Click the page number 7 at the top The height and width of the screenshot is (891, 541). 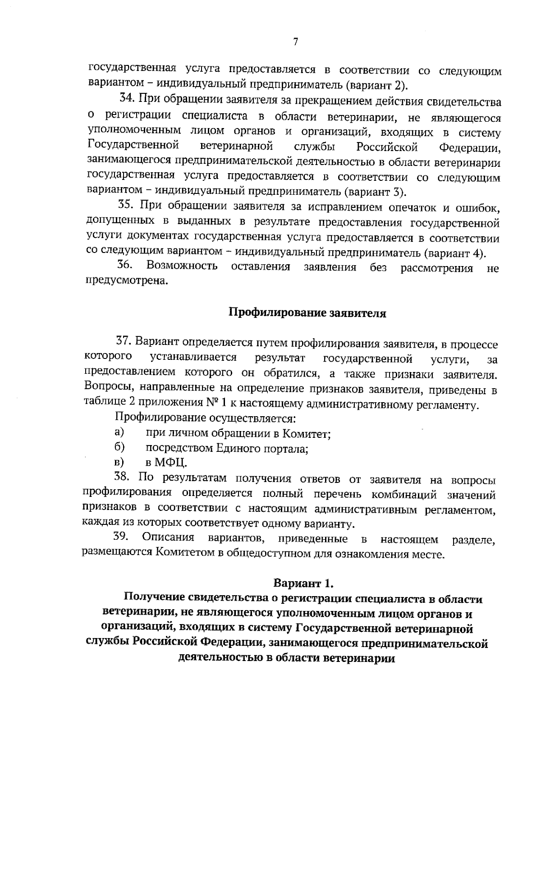click(296, 42)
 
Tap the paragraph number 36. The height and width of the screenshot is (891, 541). click(124, 266)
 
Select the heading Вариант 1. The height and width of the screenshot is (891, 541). click(303, 583)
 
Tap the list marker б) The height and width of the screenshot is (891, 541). click(119, 447)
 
